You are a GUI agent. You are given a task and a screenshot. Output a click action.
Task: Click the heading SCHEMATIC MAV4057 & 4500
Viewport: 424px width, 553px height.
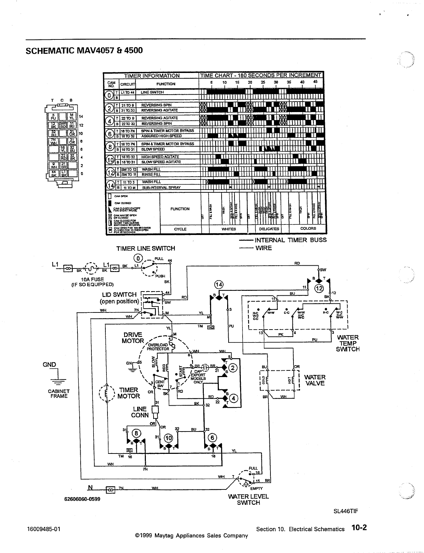coord(84,50)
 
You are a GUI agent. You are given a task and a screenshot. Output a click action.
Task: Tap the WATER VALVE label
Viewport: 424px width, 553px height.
coord(315,380)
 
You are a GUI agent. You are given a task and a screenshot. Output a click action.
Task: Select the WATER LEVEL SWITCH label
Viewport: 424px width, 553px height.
coord(248,500)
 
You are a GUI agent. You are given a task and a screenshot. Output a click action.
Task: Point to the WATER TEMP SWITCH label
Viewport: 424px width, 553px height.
coord(348,343)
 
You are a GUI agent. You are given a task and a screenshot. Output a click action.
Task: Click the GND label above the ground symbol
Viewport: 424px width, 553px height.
coord(49,364)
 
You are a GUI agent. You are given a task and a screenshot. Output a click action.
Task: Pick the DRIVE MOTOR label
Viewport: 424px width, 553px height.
coord(133,338)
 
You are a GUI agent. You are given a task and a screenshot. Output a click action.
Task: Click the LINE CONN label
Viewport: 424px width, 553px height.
coord(140,412)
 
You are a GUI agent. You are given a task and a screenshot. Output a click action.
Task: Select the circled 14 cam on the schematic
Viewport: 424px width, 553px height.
coord(219,285)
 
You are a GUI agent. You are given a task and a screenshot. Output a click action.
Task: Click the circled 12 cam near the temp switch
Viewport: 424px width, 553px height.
coord(319,288)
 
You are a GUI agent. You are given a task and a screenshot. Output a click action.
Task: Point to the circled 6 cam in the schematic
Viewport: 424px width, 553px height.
coord(212,438)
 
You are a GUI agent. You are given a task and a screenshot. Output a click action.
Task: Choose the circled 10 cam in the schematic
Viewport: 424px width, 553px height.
coord(169,438)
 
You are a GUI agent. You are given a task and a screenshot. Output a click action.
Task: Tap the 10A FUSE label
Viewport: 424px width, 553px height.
coord(92,279)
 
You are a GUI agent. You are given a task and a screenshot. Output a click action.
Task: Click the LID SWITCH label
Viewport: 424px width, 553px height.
coord(119,295)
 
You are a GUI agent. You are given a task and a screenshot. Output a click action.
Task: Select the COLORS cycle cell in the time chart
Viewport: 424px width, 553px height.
coord(308,229)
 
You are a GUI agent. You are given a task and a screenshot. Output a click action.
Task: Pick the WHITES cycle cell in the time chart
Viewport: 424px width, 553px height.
coord(229,229)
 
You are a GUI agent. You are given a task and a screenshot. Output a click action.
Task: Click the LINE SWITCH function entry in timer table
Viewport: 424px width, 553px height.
coord(152,93)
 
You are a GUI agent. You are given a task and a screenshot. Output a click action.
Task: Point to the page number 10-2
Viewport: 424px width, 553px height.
coord(359,528)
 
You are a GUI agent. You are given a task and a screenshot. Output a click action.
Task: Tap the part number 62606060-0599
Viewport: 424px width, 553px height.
coord(82,499)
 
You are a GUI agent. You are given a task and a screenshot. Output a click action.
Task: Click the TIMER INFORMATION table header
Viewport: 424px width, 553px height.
coord(152,75)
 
